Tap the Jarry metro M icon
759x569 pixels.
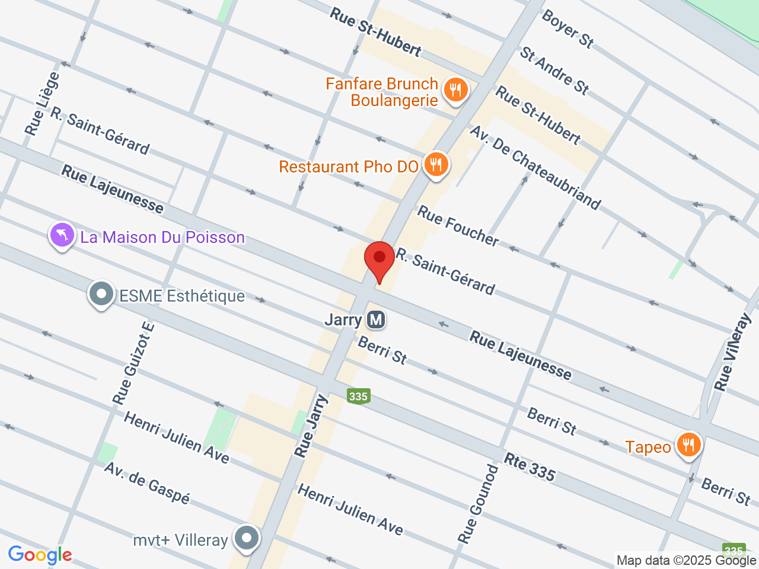click(x=376, y=320)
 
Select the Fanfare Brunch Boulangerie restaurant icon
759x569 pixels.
click(x=455, y=91)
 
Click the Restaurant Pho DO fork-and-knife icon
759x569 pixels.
click(x=436, y=165)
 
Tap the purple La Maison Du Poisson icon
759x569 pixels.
click(x=62, y=235)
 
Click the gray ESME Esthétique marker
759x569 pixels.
click(x=101, y=294)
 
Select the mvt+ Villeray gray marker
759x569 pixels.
click(x=245, y=538)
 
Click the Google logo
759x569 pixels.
click(x=40, y=555)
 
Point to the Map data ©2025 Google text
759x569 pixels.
click(x=686, y=560)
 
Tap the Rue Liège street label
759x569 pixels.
click(x=43, y=104)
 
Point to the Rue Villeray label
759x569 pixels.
click(x=733, y=352)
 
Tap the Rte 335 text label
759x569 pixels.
click(x=530, y=466)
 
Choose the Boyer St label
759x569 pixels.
click(x=567, y=28)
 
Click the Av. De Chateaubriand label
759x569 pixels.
click(x=535, y=167)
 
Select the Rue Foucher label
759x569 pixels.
click(x=458, y=225)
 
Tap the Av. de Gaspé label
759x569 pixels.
click(x=147, y=482)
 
